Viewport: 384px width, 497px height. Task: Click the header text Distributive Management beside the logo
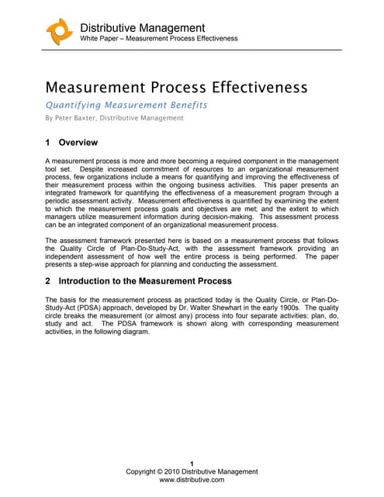[143, 28]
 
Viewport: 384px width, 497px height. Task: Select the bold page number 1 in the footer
[192, 464]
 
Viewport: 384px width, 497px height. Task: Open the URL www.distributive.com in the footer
[192, 481]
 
